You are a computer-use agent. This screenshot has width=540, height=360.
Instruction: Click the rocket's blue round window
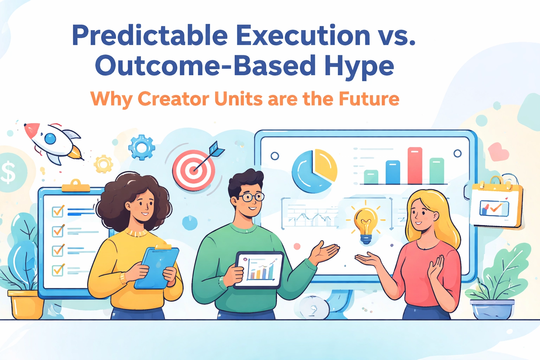pyautogui.click(x=50, y=139)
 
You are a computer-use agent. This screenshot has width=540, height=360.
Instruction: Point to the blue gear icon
pyautogui.click(x=142, y=147)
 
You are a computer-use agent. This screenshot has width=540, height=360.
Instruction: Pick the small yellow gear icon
pyautogui.click(x=103, y=164)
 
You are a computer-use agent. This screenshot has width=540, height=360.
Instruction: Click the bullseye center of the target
pyautogui.click(x=194, y=170)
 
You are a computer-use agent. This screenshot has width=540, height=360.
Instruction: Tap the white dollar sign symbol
pyautogui.click(x=8, y=172)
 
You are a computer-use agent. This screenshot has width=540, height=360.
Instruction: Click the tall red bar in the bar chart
pyautogui.click(x=415, y=166)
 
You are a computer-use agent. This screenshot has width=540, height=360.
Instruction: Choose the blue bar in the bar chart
pyautogui.click(x=393, y=172)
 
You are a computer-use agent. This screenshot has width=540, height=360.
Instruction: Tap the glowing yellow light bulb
pyautogui.click(x=366, y=223)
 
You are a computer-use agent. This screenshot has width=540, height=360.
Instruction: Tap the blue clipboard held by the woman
pyautogui.click(x=157, y=267)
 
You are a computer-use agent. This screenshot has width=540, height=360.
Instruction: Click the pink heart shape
pyautogui.click(x=498, y=152)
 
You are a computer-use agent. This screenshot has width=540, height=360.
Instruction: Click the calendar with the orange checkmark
pyautogui.click(x=497, y=202)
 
